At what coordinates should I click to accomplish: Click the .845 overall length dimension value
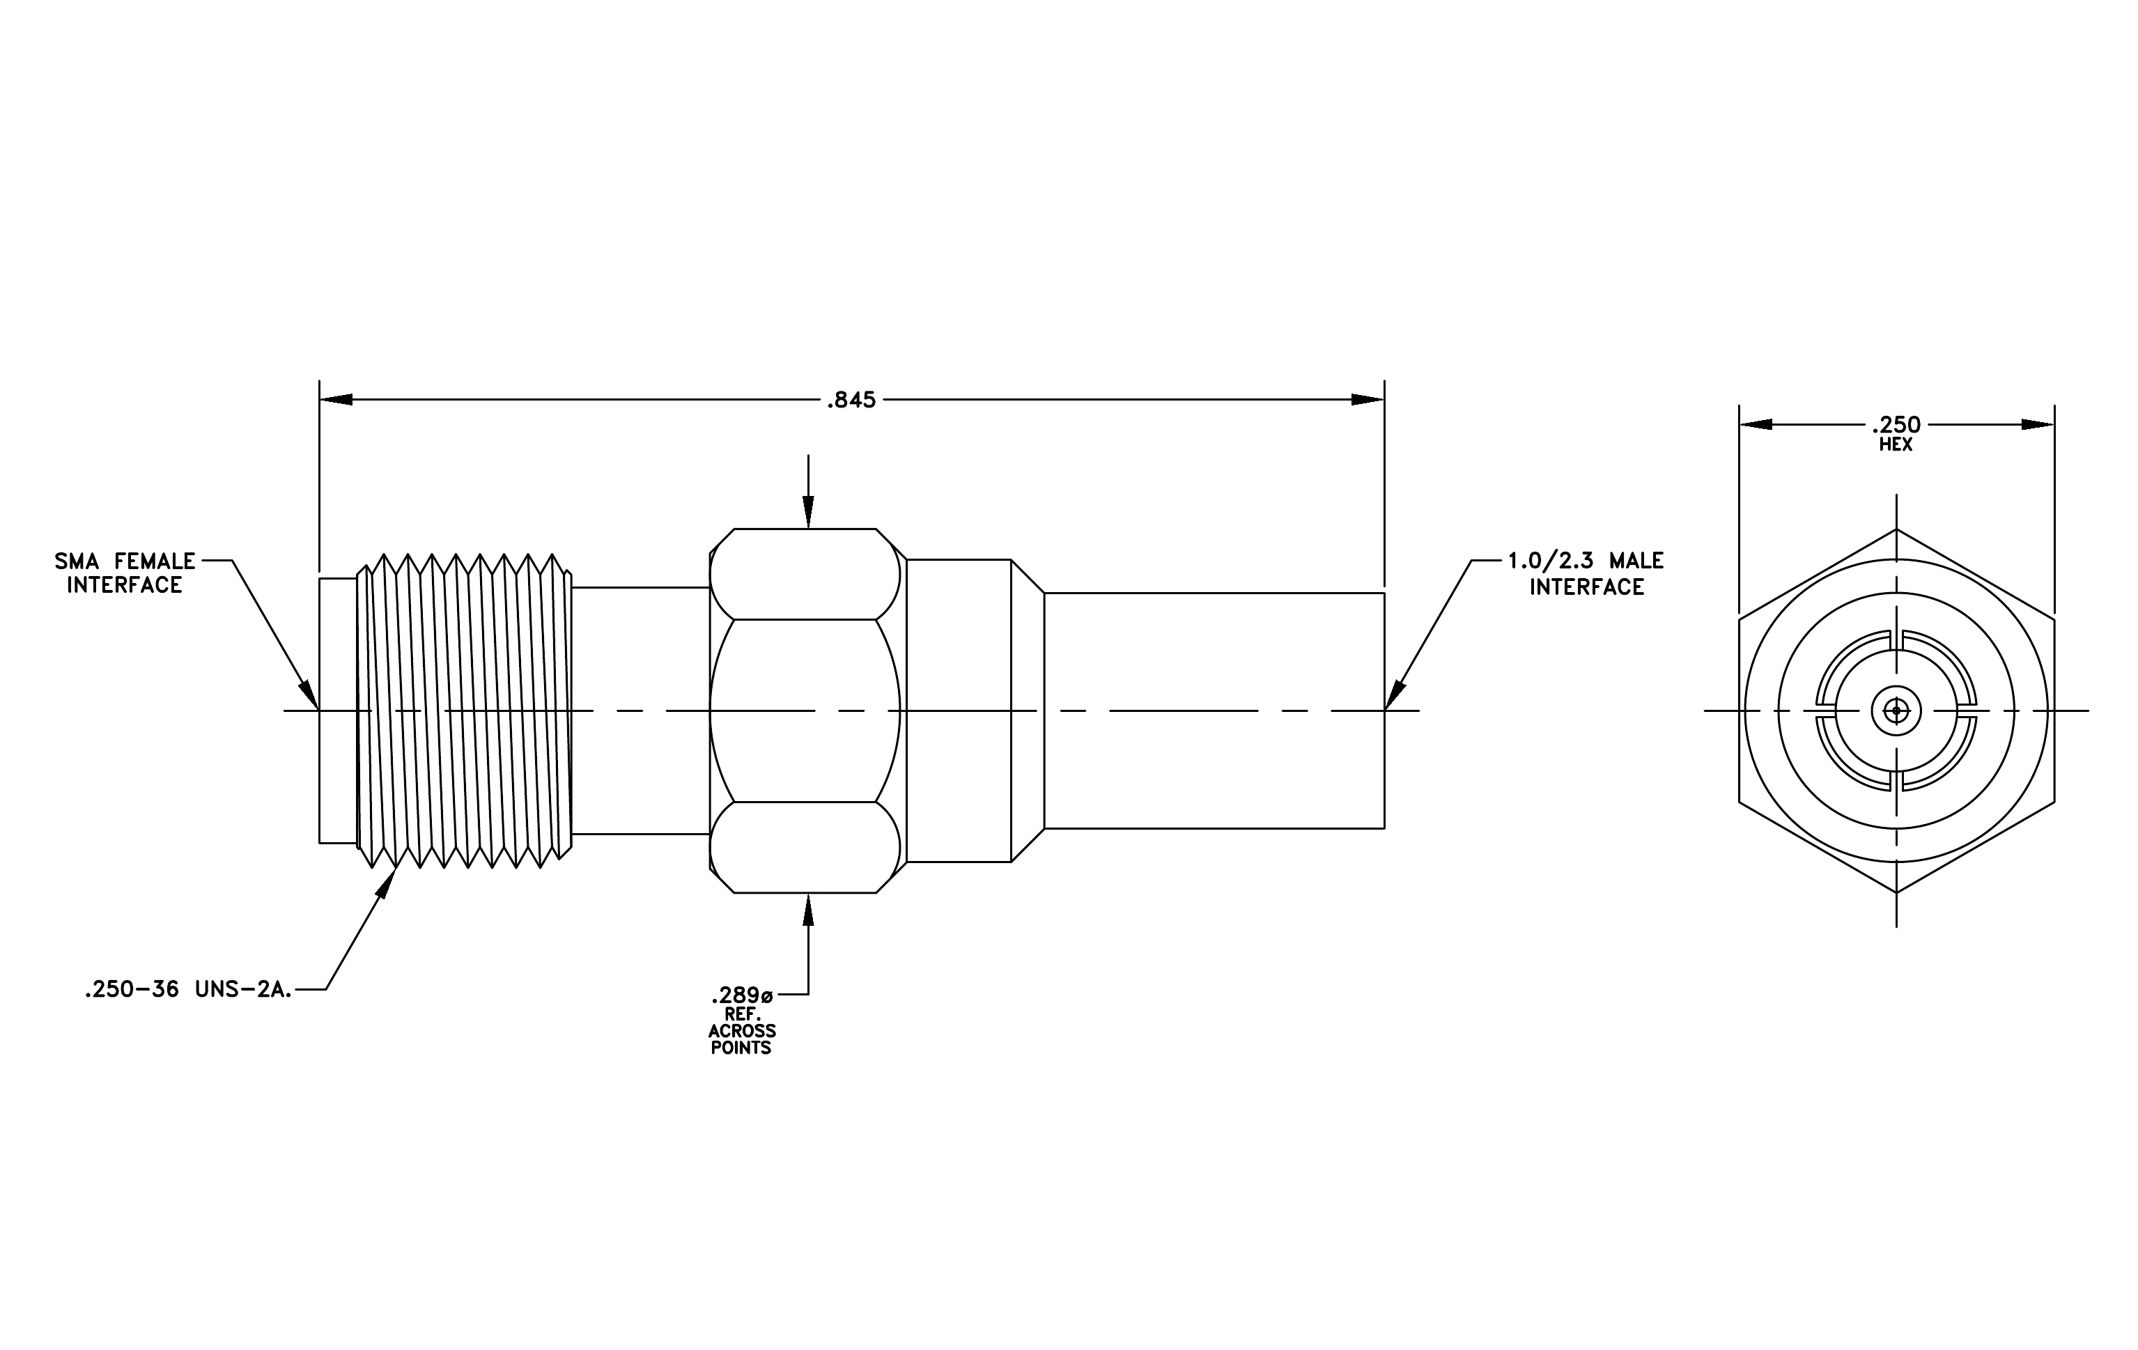851,401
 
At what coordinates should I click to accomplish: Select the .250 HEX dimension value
1896,424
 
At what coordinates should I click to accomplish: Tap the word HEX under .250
1896,444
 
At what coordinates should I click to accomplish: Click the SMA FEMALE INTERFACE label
125,573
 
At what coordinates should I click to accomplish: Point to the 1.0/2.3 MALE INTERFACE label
1586,573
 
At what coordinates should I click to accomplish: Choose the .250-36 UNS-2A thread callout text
188,991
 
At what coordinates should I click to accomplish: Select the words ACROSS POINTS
741,1039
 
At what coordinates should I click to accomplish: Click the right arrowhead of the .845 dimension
1368,399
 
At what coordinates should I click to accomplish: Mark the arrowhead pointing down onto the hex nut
808,512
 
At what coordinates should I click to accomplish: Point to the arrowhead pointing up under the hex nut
808,910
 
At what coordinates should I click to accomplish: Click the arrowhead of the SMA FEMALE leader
310,695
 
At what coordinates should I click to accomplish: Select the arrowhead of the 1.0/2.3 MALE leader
1395,695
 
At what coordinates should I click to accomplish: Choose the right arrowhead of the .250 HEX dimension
2038,424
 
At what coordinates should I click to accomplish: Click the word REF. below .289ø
742,1013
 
